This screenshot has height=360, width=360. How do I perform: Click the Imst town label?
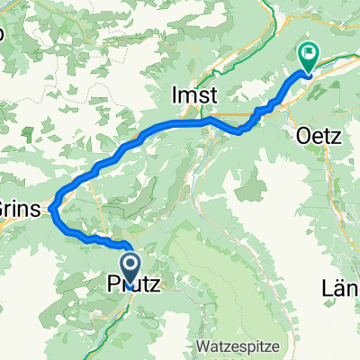tap(197, 93)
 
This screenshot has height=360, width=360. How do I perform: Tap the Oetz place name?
tap(318, 137)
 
